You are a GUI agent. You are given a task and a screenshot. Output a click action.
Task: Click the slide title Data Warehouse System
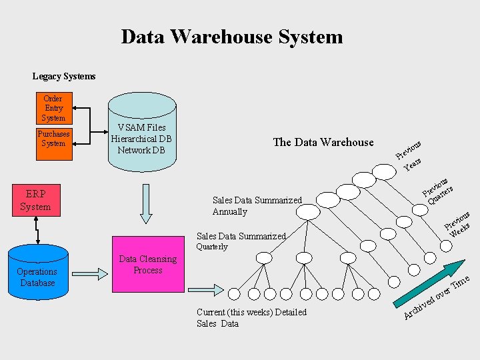pyautogui.click(x=232, y=37)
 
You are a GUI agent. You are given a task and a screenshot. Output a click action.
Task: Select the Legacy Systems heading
pyautogui.click(x=64, y=77)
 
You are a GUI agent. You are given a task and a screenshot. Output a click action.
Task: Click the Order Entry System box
pyautogui.click(x=53, y=108)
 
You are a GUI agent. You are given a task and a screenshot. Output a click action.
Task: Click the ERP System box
pyautogui.click(x=36, y=199)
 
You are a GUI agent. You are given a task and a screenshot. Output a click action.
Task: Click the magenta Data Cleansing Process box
pyautogui.click(x=147, y=265)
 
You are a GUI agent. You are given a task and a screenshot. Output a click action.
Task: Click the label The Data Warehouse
pyautogui.click(x=323, y=142)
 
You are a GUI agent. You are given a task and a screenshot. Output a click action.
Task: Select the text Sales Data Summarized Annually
pyautogui.click(x=257, y=206)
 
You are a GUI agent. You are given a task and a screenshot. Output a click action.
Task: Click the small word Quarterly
pyautogui.click(x=211, y=247)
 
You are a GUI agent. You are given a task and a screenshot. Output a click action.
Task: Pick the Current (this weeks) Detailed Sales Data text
pyautogui.click(x=251, y=318)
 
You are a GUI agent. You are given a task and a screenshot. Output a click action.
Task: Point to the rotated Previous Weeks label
pyautogui.click(x=459, y=225)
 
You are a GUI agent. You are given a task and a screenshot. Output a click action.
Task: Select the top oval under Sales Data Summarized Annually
pyautogui.click(x=308, y=212)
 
